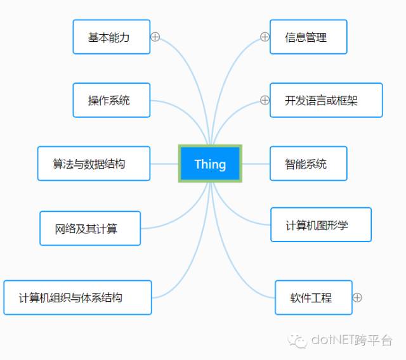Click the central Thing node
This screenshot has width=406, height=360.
point(210,164)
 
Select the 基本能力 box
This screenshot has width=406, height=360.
point(112,37)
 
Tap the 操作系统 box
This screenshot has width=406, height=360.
point(112,100)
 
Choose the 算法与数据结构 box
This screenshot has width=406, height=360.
point(94,164)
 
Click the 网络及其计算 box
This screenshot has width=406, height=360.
point(90,228)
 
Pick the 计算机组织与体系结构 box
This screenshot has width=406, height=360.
point(77,298)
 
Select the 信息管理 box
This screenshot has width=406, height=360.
point(308,37)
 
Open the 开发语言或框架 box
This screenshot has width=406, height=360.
point(326,100)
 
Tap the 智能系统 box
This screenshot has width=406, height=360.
point(308,164)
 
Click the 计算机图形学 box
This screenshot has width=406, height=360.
point(321,225)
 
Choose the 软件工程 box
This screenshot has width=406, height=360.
point(313,298)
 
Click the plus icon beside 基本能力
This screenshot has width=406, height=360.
point(155,37)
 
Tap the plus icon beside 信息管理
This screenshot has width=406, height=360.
point(265,37)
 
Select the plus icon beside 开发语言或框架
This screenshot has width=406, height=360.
point(265,100)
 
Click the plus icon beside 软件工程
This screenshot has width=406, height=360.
point(357,298)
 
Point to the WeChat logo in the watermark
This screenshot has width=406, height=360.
point(298,341)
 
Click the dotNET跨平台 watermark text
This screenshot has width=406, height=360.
point(351,340)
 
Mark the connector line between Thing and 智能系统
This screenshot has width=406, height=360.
point(256,164)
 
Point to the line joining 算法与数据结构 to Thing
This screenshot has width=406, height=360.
point(164,164)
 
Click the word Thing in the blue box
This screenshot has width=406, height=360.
point(210,164)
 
